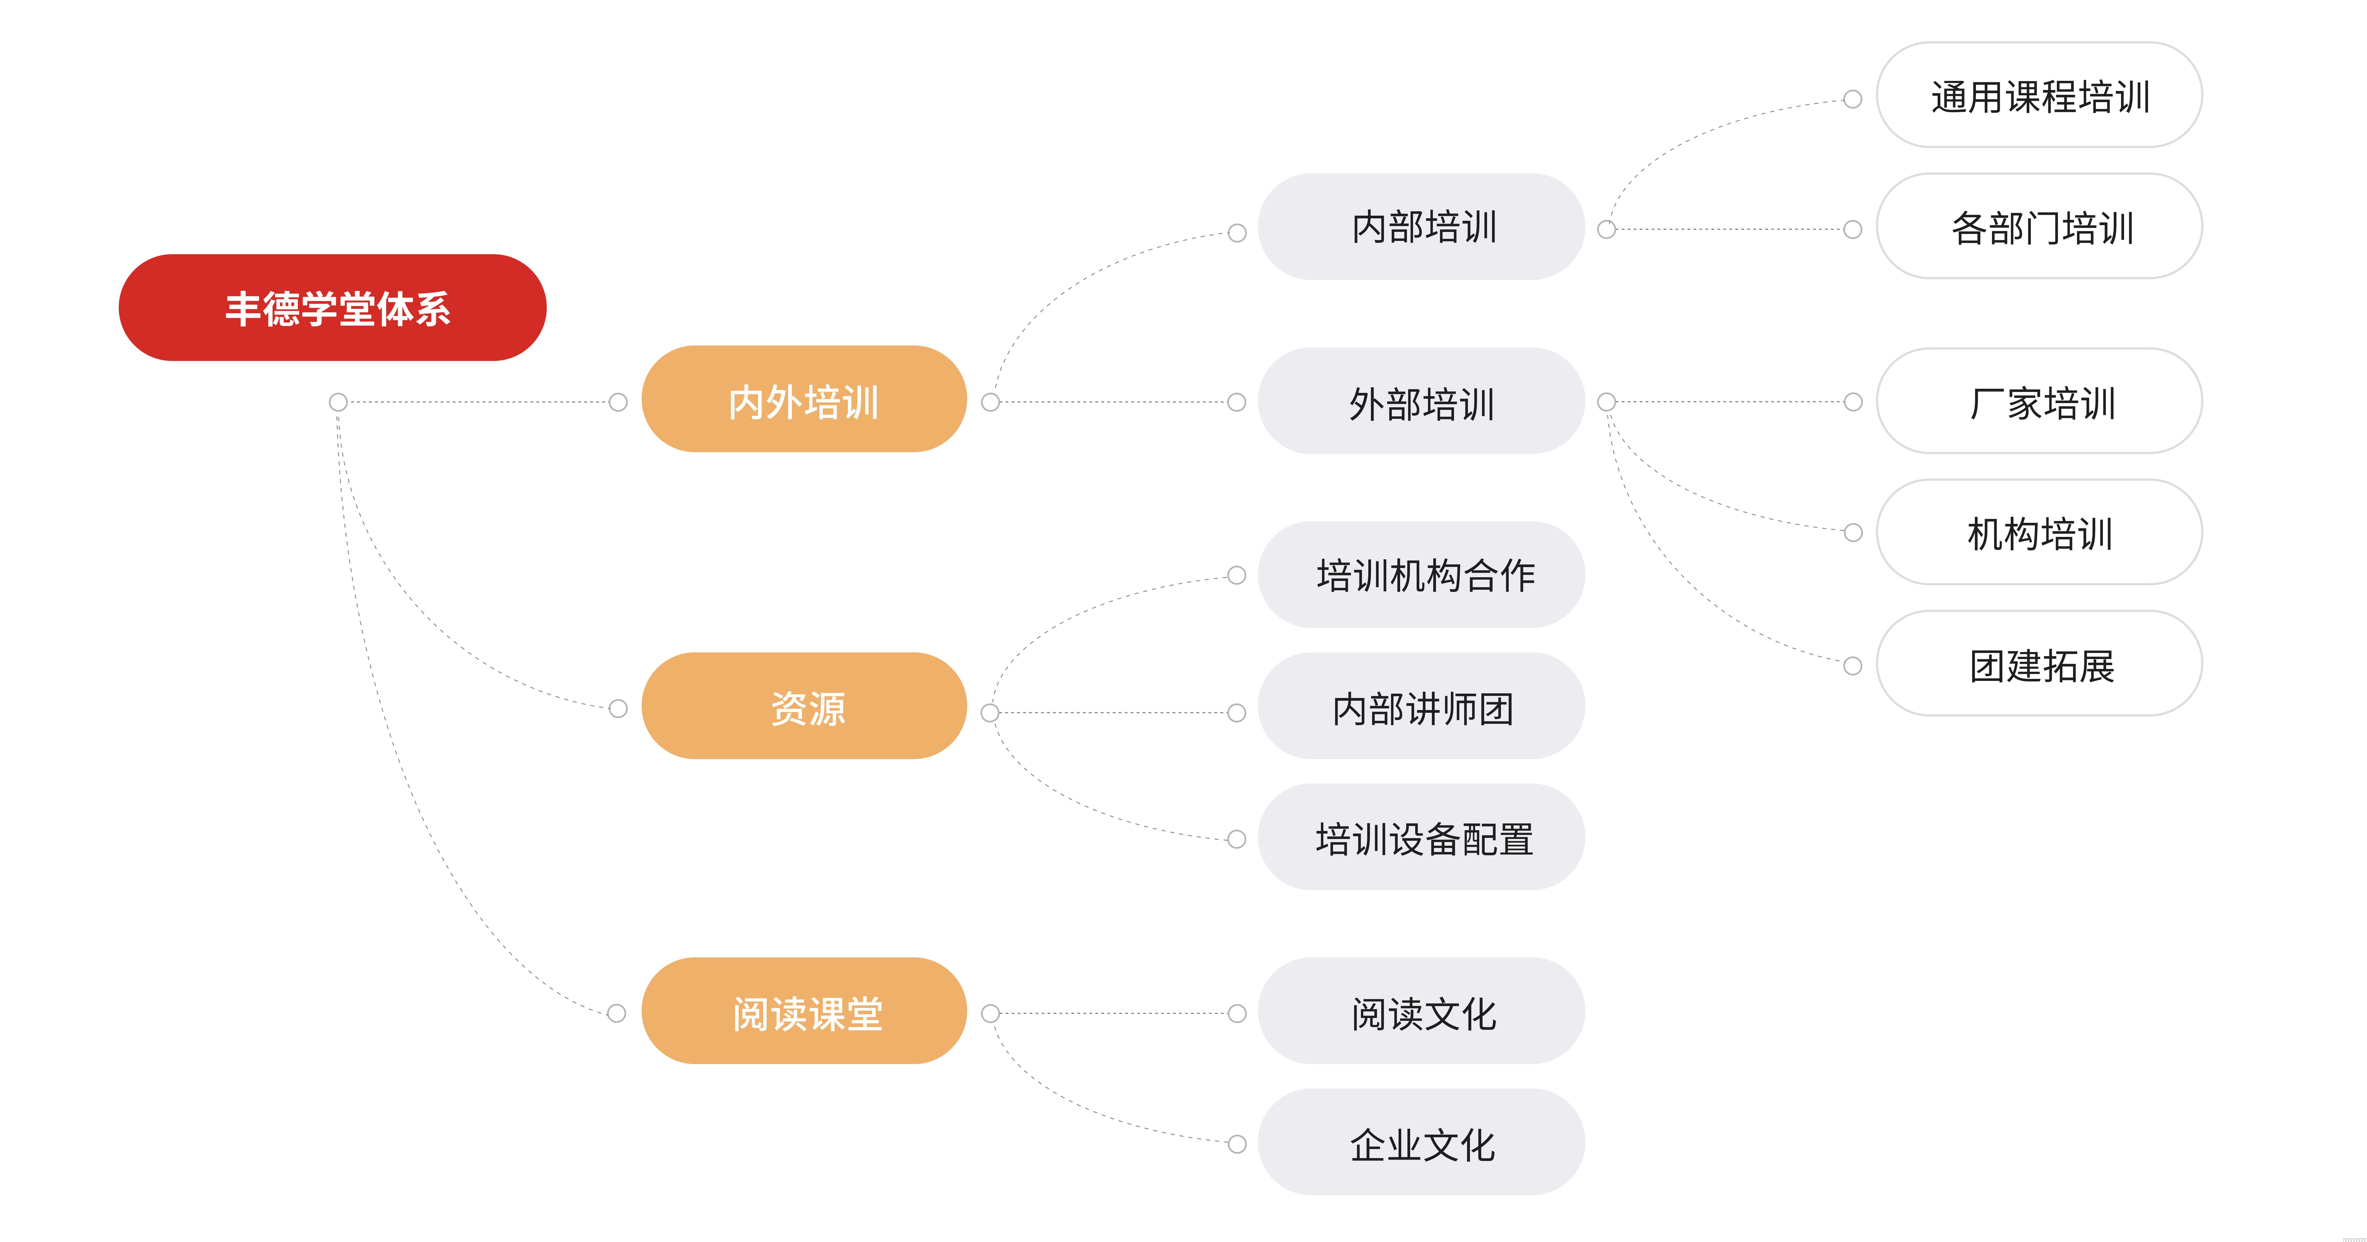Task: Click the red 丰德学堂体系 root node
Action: pos(333,308)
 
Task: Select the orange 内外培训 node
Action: pos(804,399)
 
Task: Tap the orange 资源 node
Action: pos(804,706)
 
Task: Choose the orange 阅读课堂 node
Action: pos(804,1011)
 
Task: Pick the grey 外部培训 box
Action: pos(1422,401)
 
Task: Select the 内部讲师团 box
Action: pos(1422,706)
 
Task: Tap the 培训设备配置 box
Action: pos(1422,837)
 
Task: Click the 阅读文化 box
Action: pos(1422,1011)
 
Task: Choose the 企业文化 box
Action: pos(1422,1142)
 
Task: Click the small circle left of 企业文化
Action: pos(1237,1144)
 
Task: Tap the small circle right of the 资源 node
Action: pos(990,713)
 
